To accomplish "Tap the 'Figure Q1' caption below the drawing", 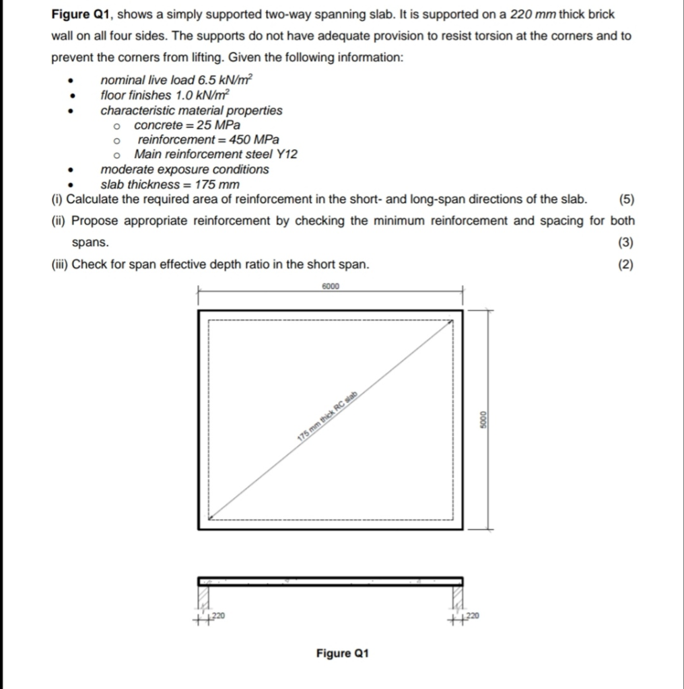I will point(342,653).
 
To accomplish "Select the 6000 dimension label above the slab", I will point(331,286).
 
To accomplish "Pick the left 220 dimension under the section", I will point(217,616).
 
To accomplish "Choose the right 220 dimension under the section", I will point(473,616).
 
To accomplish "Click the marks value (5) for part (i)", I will point(625,199).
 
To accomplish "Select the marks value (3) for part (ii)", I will point(625,242).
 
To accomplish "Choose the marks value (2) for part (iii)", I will point(625,264).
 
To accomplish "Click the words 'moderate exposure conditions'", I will point(184,170).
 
